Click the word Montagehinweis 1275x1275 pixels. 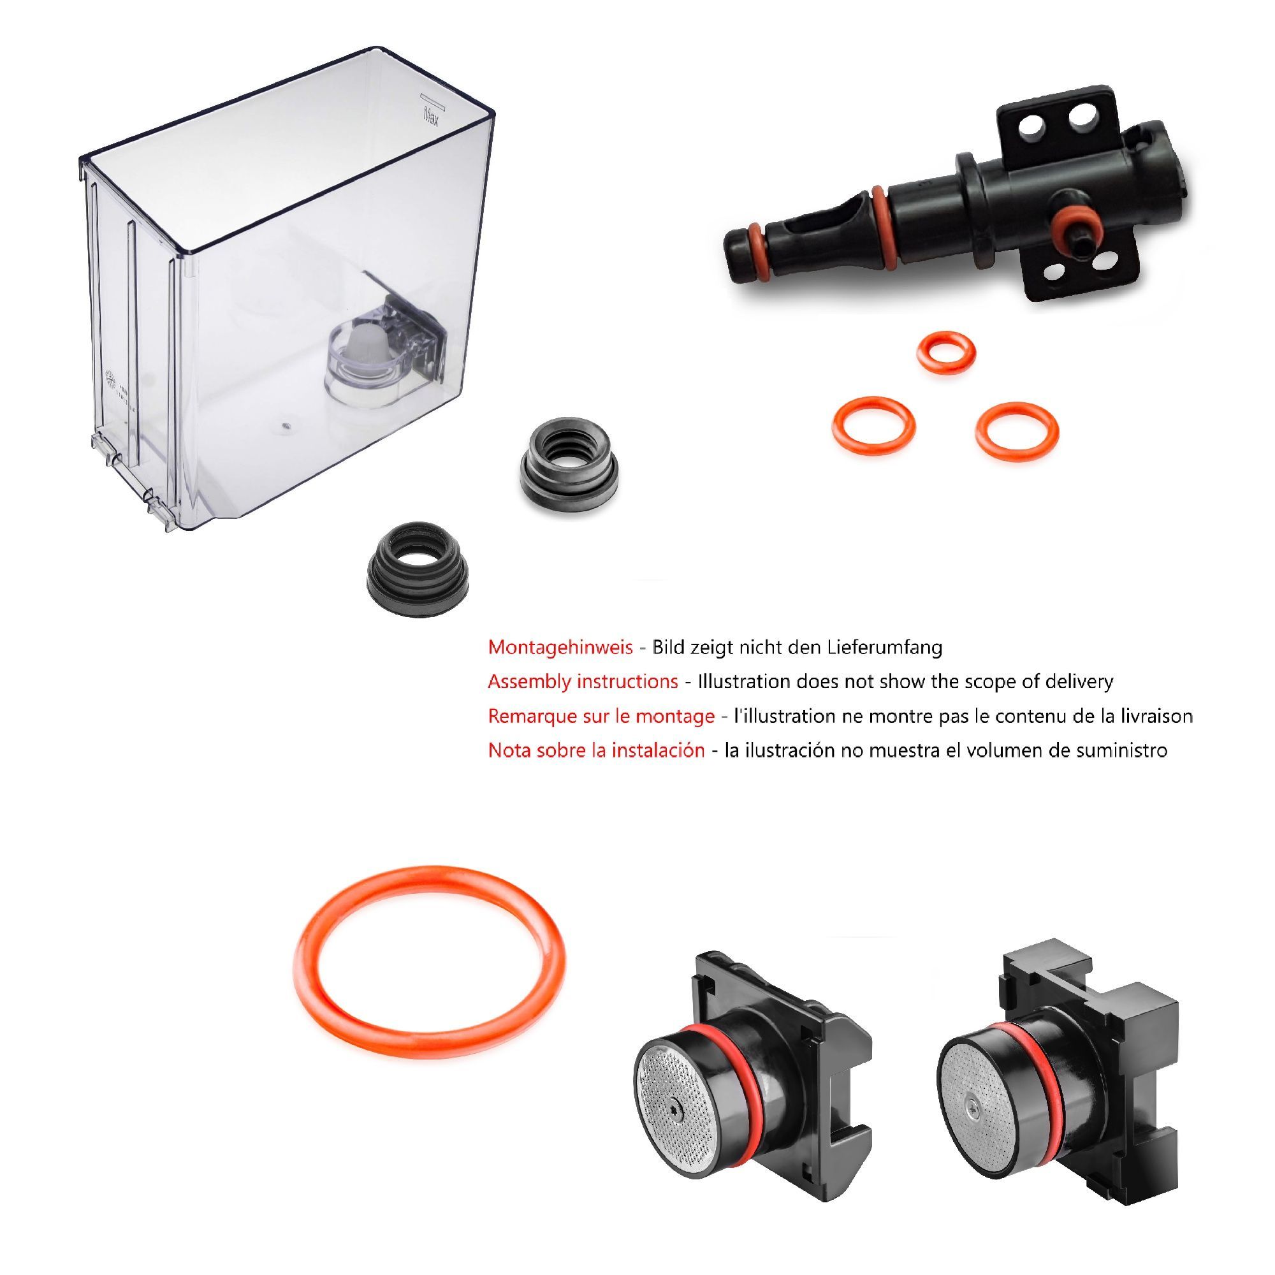tap(560, 648)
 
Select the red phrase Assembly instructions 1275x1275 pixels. tap(583, 681)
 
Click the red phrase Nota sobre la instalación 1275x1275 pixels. tap(597, 750)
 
